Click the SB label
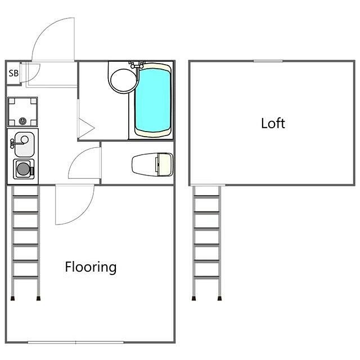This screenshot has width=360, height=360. (x=13, y=73)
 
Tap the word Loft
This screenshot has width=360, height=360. (x=273, y=123)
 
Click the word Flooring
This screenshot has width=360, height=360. (x=91, y=267)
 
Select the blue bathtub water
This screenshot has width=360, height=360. (x=152, y=100)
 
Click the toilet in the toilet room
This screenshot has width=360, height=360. (x=152, y=165)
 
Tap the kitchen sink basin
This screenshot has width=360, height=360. (x=24, y=145)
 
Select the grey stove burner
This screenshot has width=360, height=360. (x=23, y=169)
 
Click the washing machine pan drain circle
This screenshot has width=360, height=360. (x=22, y=121)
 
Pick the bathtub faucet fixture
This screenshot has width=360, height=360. (x=137, y=65)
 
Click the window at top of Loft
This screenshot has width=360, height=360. (x=268, y=61)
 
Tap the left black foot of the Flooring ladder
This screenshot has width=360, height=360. (x=12, y=299)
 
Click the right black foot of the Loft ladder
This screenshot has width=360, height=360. (x=220, y=299)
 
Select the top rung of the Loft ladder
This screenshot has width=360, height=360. (x=206, y=197)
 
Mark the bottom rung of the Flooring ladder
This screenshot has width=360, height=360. (x=25, y=277)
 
